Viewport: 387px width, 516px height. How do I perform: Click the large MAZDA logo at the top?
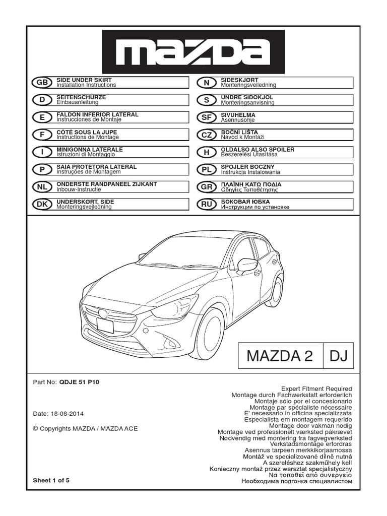[x=193, y=51]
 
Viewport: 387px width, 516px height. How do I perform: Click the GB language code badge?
[x=42, y=83]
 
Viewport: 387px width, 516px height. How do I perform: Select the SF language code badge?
[x=206, y=117]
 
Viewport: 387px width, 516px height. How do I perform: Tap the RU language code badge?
[x=206, y=205]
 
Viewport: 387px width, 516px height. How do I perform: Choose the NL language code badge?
[x=42, y=187]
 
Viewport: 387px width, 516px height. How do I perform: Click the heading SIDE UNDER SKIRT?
[x=84, y=80]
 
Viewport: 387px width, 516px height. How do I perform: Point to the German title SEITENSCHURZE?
[x=81, y=97]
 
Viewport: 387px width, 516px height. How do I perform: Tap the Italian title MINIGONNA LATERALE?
[x=89, y=150]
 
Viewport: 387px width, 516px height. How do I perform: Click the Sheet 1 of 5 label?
[x=51, y=480]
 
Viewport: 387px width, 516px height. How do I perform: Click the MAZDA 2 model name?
[x=280, y=357]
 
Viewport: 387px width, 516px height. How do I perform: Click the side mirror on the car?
[x=247, y=264]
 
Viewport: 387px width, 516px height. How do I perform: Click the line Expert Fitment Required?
[x=316, y=389]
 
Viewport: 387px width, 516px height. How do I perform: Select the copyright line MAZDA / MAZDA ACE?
[x=85, y=428]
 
